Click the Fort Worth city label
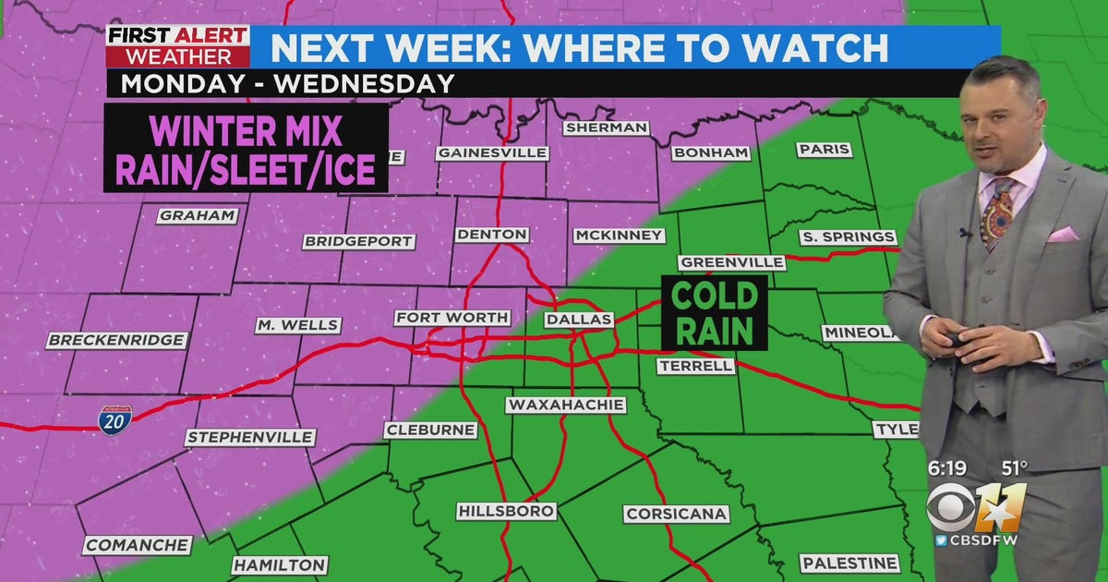[x=452, y=318]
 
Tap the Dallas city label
[x=579, y=320]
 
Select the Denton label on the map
[x=492, y=235]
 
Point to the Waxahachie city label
[x=566, y=405]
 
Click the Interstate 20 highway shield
[x=115, y=419]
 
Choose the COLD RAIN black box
[x=714, y=313]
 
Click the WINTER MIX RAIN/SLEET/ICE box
[x=245, y=148]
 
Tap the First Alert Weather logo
[x=178, y=46]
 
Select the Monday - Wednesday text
[x=288, y=83]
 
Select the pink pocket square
[x=1063, y=235]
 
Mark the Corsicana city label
[x=677, y=514]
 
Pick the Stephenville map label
[x=250, y=437]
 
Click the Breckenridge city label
[x=116, y=340]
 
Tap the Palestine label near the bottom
[x=849, y=563]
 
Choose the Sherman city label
[x=605, y=127]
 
